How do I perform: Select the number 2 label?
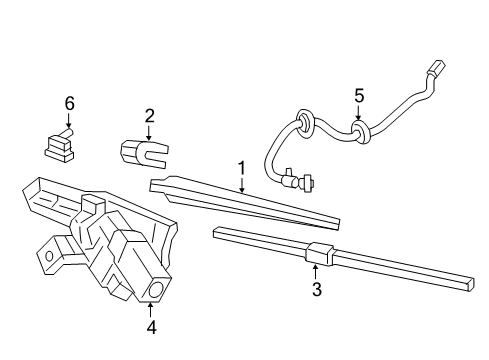[x=149, y=115]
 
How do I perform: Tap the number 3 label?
[x=316, y=290]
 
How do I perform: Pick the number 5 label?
[x=359, y=96]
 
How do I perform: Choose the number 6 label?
[x=69, y=103]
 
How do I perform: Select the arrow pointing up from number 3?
[x=316, y=270]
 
